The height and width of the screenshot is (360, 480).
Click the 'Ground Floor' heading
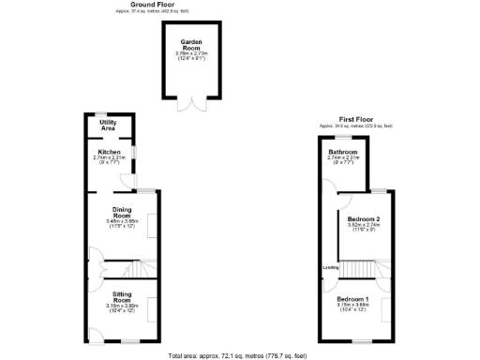[155, 5]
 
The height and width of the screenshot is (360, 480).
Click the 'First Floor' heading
[355, 119]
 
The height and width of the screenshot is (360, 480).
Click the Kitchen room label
[110, 151]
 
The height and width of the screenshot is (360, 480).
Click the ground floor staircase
[138, 270]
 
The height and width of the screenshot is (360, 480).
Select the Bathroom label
[342, 152]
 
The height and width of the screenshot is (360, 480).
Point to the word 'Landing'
[330, 267]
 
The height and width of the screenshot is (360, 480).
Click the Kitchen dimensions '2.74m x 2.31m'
[110, 157]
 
